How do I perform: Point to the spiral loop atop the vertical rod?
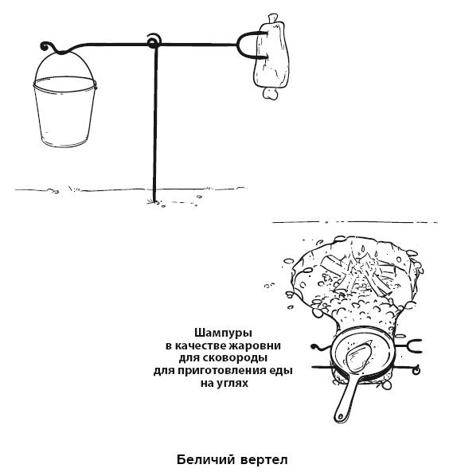[x=154, y=41]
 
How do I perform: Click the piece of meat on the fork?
[x=271, y=57]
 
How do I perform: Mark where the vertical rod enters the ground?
[x=154, y=201]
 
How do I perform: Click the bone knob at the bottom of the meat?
[x=270, y=93]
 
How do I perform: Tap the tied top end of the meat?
[x=272, y=18]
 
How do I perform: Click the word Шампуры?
[x=223, y=334]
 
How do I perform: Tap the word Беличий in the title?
[x=206, y=459]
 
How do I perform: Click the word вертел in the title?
[x=264, y=460]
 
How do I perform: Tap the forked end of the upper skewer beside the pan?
[x=415, y=346]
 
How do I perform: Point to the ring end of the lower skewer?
[x=416, y=370]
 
